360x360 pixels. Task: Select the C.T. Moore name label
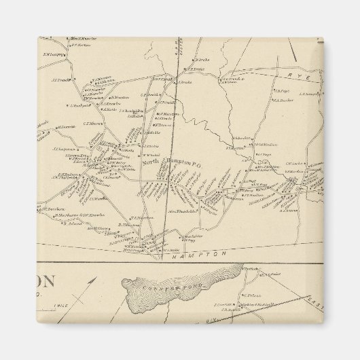coord(92,124)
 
